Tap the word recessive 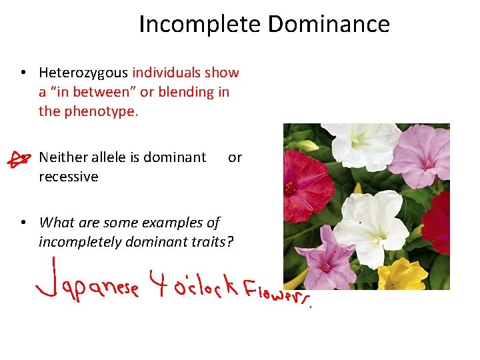68,177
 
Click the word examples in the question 177,223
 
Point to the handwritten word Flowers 276,293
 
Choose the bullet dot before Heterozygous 23,73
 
